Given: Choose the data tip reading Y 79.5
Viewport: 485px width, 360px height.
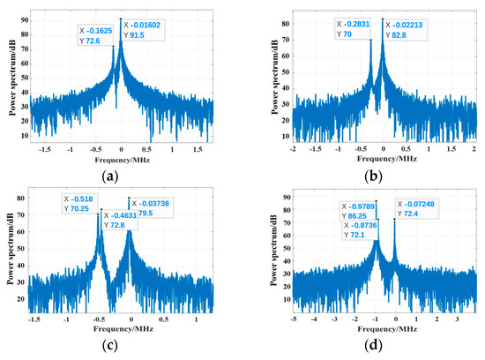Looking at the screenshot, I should point(153,207).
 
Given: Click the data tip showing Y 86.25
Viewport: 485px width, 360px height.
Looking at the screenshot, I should point(360,212).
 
